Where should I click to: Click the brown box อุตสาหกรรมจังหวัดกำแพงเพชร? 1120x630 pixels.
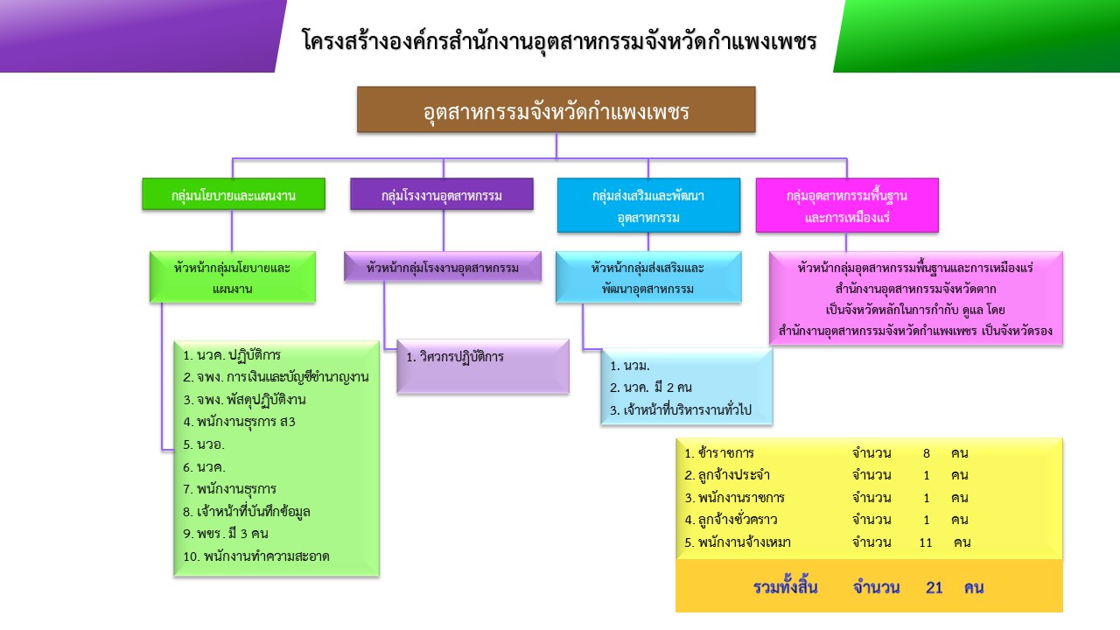click(556, 109)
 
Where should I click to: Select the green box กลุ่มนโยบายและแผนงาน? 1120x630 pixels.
click(234, 194)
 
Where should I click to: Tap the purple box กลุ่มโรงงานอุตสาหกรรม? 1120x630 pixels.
click(442, 194)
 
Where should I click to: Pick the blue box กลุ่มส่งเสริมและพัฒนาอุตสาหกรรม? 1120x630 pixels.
click(648, 205)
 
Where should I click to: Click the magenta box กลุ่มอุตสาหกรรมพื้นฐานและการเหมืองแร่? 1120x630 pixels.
click(847, 205)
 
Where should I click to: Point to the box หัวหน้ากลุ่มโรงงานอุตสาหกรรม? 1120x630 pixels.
click(443, 267)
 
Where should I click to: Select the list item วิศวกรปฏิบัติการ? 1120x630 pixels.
click(455, 357)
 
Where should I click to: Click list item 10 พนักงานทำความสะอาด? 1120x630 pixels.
click(256, 556)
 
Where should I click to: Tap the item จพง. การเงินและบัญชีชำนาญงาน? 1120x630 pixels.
click(276, 377)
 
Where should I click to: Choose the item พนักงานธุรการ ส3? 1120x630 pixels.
click(239, 422)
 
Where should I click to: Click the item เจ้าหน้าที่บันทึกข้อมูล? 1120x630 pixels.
click(247, 512)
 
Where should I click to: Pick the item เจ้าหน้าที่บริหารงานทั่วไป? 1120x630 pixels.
click(681, 410)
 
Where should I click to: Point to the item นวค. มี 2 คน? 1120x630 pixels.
click(651, 387)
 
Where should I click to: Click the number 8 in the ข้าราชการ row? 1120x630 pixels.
click(927, 453)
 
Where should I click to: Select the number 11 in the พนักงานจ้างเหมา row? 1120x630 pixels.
click(926, 542)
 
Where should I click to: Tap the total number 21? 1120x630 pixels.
click(934, 587)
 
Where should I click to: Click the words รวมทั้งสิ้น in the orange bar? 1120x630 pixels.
click(786, 587)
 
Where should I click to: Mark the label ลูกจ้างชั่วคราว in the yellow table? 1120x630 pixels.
click(731, 520)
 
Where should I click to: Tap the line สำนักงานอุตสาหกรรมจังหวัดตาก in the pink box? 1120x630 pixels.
click(915, 289)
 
